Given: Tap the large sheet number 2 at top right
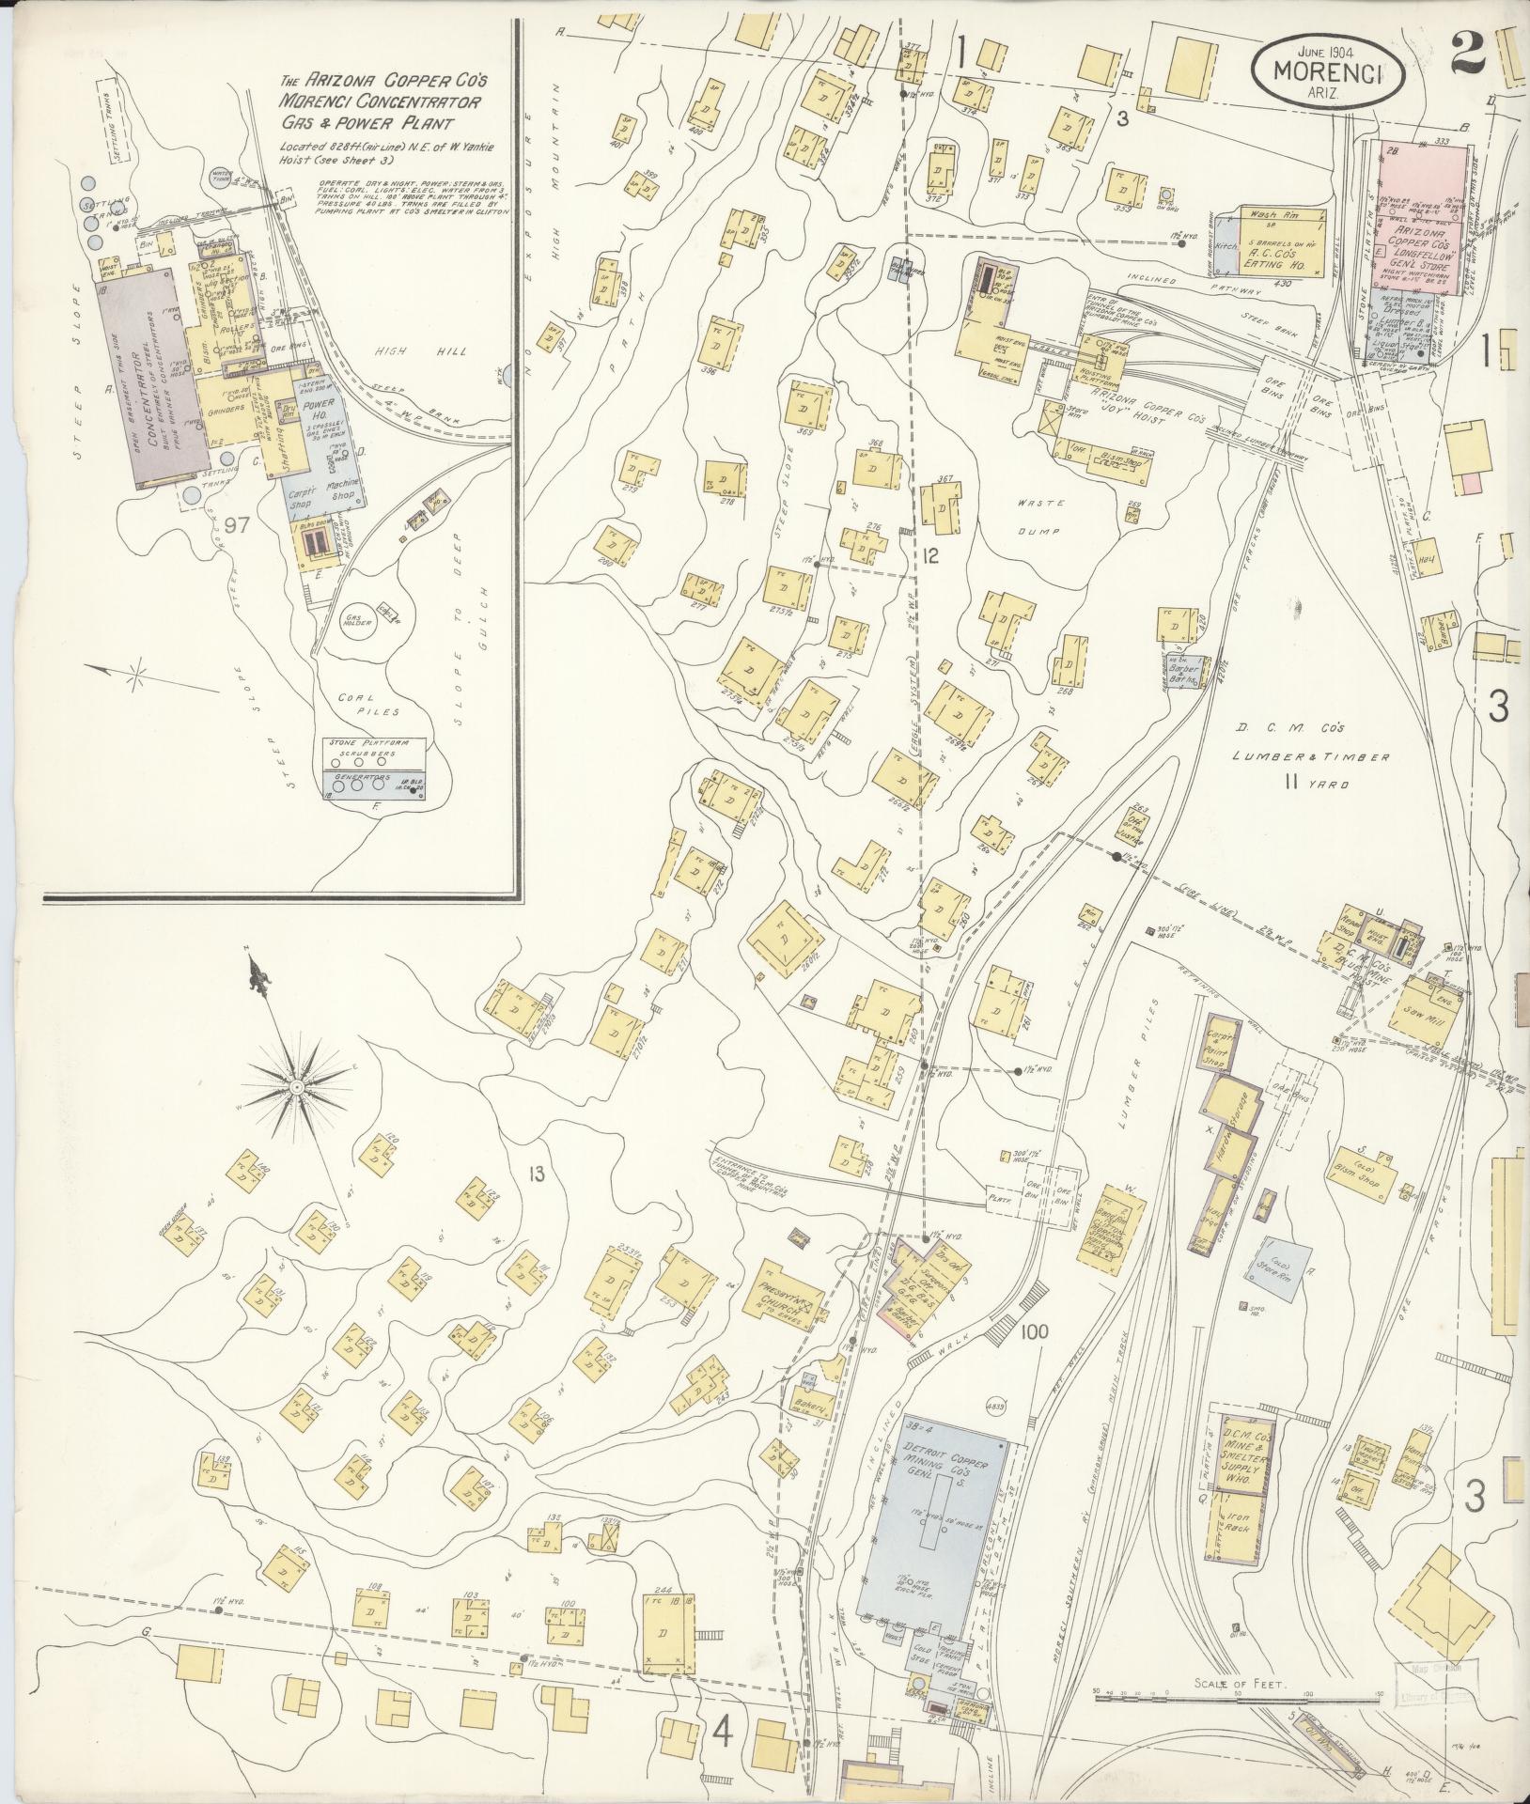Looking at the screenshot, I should [1467, 52].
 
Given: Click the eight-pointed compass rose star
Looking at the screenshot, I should [296, 1086].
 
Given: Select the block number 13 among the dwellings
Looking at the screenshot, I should [536, 1173].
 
